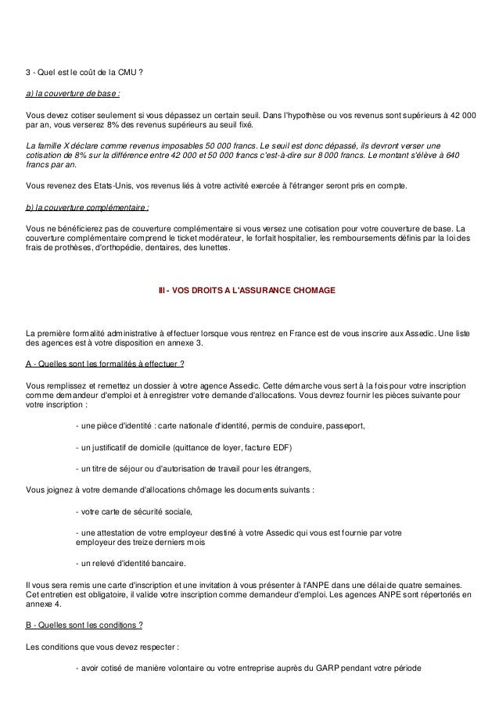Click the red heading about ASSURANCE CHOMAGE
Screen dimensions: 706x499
247,291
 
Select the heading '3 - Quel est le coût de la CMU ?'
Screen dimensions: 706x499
84,75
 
